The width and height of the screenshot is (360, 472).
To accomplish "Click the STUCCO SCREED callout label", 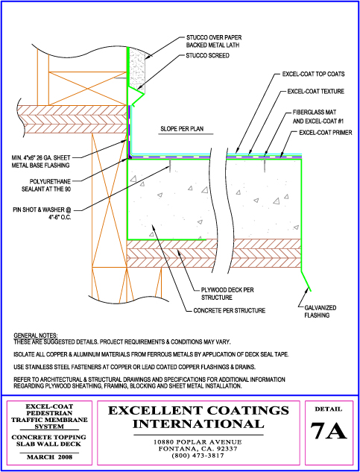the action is [208, 56].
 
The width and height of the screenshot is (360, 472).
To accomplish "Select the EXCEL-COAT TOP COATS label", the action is [313, 74].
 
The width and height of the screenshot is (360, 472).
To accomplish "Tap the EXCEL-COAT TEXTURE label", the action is [316, 92].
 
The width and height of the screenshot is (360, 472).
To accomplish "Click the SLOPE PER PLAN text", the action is [182, 129].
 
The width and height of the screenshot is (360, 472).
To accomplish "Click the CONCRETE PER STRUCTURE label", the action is [229, 310].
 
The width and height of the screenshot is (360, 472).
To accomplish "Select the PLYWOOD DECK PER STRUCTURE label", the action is [227, 294].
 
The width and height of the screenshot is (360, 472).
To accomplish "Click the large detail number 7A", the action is [329, 432].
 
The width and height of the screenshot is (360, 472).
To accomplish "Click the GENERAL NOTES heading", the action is [36, 336].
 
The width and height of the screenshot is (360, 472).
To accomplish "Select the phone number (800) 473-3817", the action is [198, 456].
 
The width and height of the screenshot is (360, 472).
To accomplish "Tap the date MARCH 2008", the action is [50, 457].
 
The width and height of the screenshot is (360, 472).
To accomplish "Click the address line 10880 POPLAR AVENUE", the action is [198, 442].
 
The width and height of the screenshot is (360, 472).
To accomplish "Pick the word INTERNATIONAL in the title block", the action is [198, 424].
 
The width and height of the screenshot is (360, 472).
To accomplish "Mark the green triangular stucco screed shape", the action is [135, 95].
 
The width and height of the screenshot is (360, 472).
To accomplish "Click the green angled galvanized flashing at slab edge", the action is [306, 280].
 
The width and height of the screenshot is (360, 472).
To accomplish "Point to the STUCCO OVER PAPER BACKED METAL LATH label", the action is [214, 42].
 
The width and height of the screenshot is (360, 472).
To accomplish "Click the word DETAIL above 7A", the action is [329, 409].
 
